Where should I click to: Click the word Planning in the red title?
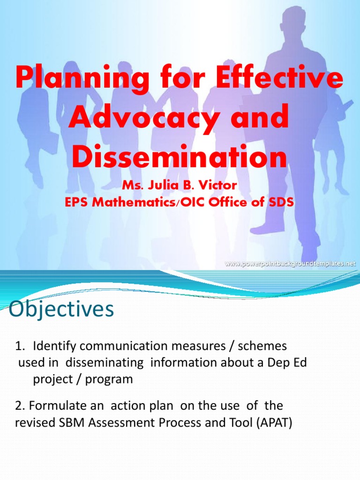pyautogui.click(x=82, y=79)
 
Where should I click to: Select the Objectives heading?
pyautogui.click(x=61, y=309)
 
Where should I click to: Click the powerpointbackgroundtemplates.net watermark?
pyautogui.click(x=290, y=263)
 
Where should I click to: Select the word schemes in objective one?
pyautogui.click(x=262, y=346)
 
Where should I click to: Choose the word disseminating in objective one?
pyautogui.click(x=105, y=363)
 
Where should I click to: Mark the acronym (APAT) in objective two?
pyautogui.click(x=274, y=423)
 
